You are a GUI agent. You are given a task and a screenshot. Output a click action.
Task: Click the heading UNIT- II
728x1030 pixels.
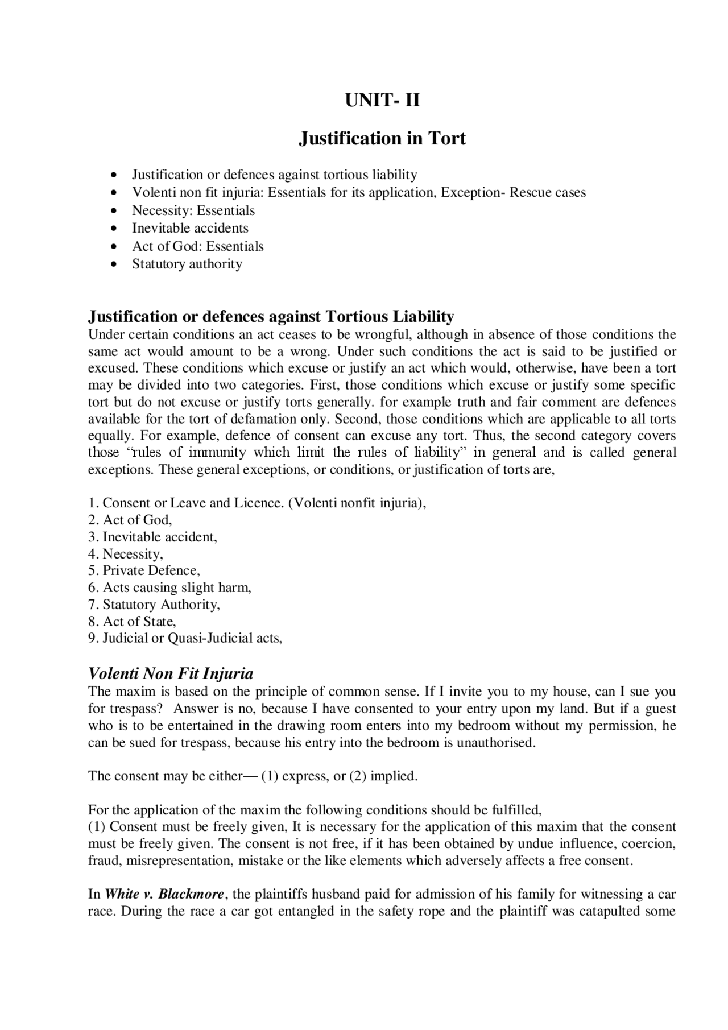point(382,101)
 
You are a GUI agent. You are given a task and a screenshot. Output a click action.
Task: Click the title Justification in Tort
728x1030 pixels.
point(382,138)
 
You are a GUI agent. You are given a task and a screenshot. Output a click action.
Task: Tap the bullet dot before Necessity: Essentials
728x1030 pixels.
point(115,211)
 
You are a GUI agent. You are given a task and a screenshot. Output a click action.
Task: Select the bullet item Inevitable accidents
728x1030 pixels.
point(190,228)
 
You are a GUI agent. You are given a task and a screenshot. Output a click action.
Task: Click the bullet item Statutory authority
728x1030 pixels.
point(187,264)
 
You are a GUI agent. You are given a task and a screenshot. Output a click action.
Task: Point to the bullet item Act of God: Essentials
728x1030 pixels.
point(198,246)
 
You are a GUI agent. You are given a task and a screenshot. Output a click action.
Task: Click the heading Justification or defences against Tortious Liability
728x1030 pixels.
point(271,316)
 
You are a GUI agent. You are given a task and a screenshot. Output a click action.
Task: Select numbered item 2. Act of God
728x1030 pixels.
point(130,520)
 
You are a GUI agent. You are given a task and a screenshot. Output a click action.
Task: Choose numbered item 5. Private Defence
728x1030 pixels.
point(144,570)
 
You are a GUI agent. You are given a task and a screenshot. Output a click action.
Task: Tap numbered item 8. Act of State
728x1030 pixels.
point(132,621)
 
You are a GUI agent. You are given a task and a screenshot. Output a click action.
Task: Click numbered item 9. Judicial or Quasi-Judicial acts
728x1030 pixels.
point(185,638)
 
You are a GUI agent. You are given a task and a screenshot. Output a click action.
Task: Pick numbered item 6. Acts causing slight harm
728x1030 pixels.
point(169,588)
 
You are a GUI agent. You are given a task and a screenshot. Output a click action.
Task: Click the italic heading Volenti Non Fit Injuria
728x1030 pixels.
point(171,674)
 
